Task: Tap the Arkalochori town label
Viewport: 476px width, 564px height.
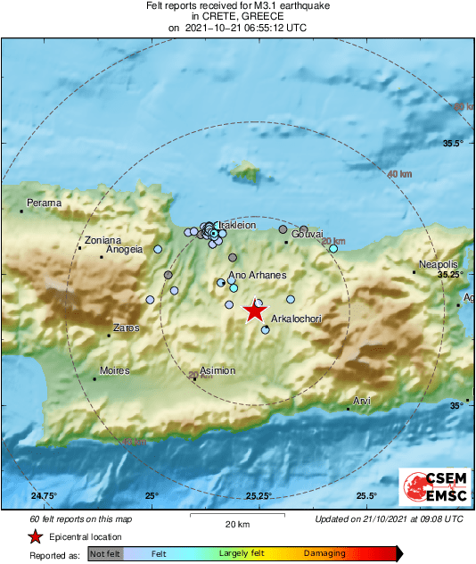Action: [x=295, y=319]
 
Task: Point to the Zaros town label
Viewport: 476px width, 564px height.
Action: [x=126, y=328]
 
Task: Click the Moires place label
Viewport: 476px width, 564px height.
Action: [x=114, y=370]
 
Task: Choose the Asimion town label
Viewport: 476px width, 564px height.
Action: [x=217, y=370]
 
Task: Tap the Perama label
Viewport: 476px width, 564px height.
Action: [x=44, y=203]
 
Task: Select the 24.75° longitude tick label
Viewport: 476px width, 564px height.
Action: [x=44, y=496]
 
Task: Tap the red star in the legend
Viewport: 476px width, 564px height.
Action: [x=35, y=536]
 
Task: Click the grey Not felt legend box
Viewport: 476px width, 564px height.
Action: [x=105, y=554]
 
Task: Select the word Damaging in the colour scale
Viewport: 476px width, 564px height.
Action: [x=324, y=554]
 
